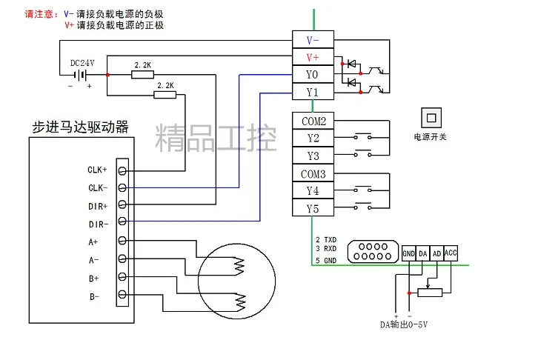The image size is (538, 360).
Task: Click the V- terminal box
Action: (x=313, y=39)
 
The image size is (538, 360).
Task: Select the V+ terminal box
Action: (x=313, y=57)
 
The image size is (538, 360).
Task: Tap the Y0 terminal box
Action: (x=313, y=75)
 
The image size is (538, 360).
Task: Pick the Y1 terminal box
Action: (x=313, y=93)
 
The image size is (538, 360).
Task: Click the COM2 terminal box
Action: (x=313, y=120)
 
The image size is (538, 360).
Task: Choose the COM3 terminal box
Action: (x=313, y=174)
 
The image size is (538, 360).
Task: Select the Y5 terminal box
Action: (x=313, y=209)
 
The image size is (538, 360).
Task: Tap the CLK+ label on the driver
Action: (x=97, y=170)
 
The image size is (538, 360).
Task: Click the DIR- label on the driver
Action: (x=97, y=223)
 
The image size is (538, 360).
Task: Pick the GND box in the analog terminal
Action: (x=408, y=253)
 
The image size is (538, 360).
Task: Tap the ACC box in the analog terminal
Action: (x=451, y=253)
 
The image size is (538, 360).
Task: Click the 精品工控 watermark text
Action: (x=215, y=137)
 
